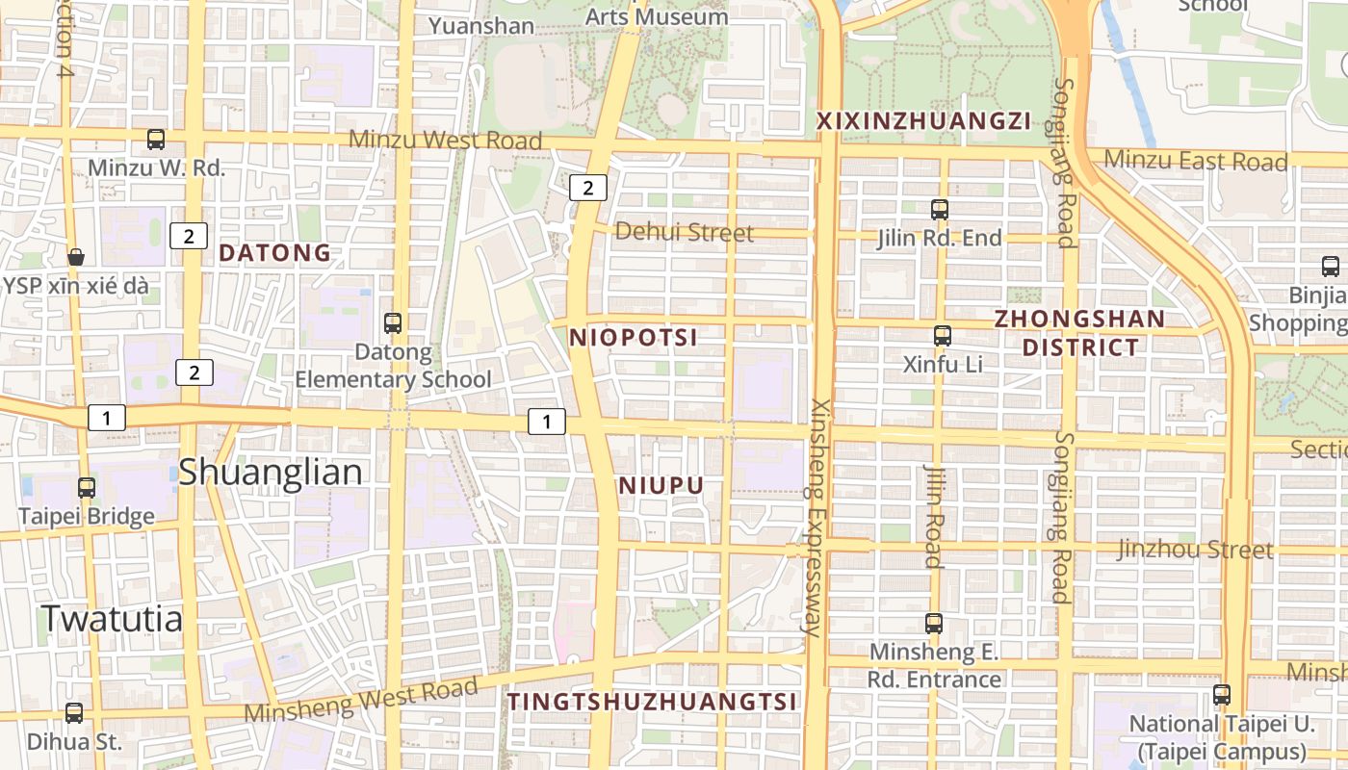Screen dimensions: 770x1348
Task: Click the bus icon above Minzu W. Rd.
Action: point(156,140)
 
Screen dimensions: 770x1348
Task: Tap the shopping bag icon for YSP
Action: point(75,257)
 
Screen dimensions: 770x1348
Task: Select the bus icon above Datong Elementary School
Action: point(393,323)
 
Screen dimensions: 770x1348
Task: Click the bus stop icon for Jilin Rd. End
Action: point(940,209)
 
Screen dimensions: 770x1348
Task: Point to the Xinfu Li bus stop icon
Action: point(943,336)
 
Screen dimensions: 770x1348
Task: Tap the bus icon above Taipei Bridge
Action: point(87,488)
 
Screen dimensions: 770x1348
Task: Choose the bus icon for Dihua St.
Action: point(74,713)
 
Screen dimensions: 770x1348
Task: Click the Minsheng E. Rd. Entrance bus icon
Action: point(934,624)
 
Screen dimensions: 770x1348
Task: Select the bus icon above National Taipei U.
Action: point(1222,694)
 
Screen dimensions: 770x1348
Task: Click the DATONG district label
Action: point(274,253)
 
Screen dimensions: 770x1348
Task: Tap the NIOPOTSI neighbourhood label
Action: point(633,338)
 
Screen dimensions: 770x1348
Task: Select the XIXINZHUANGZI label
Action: point(923,121)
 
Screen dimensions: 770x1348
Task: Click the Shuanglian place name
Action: point(271,473)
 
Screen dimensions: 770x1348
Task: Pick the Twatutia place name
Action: point(112,619)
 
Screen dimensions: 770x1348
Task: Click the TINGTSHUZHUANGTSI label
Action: point(652,702)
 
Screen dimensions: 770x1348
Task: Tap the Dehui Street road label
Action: point(684,232)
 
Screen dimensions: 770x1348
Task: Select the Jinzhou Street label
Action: point(1195,550)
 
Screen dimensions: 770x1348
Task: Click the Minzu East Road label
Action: point(1195,161)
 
